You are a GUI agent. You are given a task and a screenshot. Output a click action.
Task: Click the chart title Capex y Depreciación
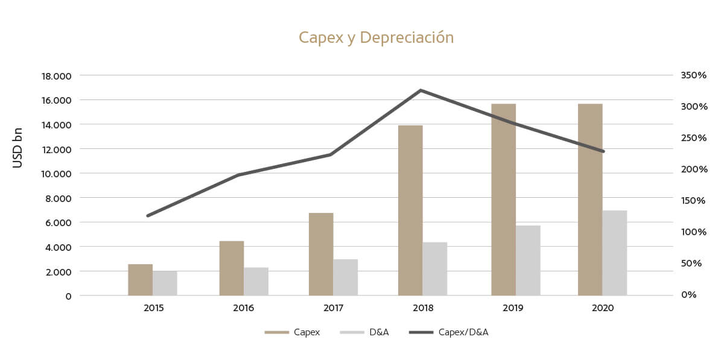point(376,38)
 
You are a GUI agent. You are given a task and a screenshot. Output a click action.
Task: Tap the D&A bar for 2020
point(614,253)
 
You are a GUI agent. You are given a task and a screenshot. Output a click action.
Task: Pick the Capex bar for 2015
point(140,280)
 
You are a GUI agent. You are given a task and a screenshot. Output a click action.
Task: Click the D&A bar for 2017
point(345,277)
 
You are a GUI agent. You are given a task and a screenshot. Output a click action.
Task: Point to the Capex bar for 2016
point(231,268)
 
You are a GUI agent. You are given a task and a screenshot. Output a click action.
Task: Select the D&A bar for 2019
point(528,261)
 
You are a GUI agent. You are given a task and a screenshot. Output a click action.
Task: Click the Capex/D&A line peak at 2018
point(421,90)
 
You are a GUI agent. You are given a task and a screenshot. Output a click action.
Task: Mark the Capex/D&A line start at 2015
point(148,215)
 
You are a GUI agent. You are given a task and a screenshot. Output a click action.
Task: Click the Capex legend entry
point(293,332)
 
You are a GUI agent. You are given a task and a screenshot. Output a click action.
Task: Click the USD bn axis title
point(18,148)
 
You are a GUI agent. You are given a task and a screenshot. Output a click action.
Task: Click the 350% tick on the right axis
point(693,75)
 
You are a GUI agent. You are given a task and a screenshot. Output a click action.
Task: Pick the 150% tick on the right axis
point(693,201)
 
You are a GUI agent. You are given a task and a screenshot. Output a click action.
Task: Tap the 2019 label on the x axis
point(513,308)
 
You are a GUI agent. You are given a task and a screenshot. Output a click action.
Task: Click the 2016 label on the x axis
point(243,308)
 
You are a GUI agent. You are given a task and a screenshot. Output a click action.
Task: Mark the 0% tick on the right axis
point(688,295)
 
